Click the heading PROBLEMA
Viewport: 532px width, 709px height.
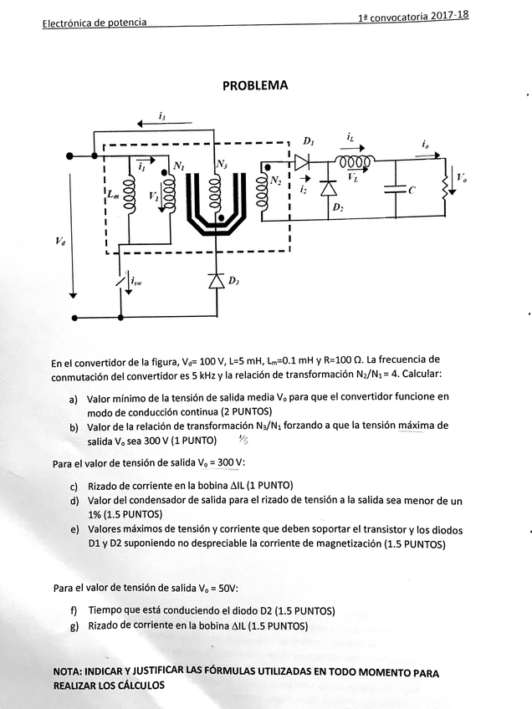(255, 85)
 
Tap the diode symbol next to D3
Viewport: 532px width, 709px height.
(217, 281)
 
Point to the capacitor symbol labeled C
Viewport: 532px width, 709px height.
(392, 190)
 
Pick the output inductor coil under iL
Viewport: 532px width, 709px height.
(352, 161)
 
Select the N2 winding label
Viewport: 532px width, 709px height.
(276, 181)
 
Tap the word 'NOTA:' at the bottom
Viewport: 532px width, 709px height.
(71, 672)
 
